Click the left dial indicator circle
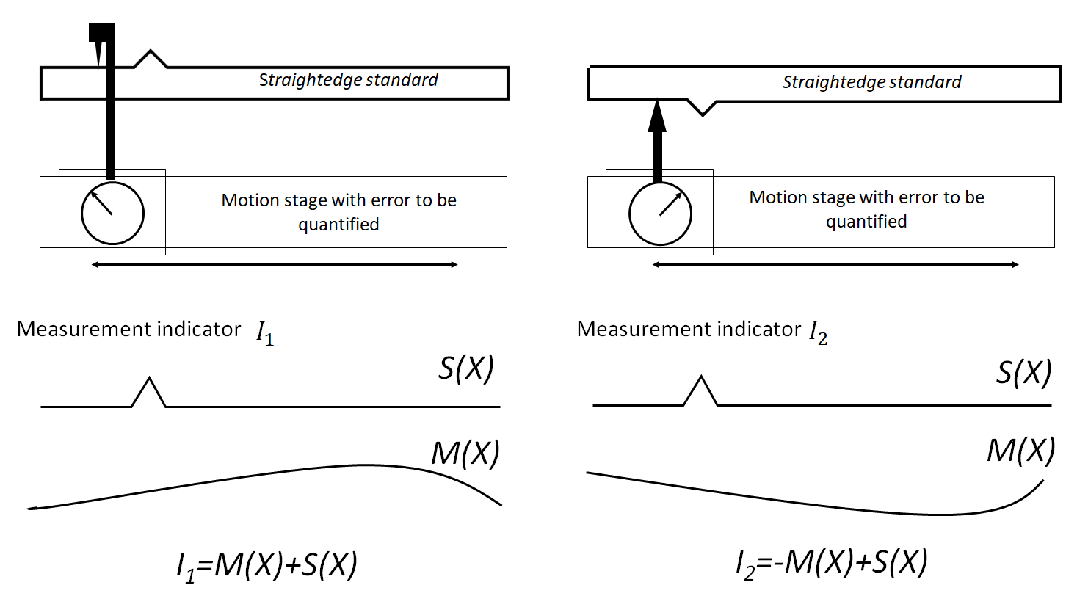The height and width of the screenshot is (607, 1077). (112, 213)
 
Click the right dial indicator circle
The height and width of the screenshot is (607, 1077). (660, 214)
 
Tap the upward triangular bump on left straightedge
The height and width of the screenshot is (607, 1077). (151, 59)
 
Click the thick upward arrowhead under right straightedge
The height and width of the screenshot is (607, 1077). (657, 117)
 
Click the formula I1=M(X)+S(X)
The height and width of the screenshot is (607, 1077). (267, 566)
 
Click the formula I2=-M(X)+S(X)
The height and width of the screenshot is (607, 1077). (831, 564)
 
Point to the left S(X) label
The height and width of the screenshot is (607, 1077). (466, 368)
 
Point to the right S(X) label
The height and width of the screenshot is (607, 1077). (1023, 373)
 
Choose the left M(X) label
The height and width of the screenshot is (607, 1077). (465, 454)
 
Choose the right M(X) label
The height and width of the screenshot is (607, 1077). (1020, 450)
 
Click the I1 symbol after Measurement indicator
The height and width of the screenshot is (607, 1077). (264, 333)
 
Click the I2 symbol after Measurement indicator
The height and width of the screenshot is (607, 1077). (818, 333)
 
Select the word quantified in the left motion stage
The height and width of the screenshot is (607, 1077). (338, 225)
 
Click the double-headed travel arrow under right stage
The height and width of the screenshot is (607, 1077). (835, 264)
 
